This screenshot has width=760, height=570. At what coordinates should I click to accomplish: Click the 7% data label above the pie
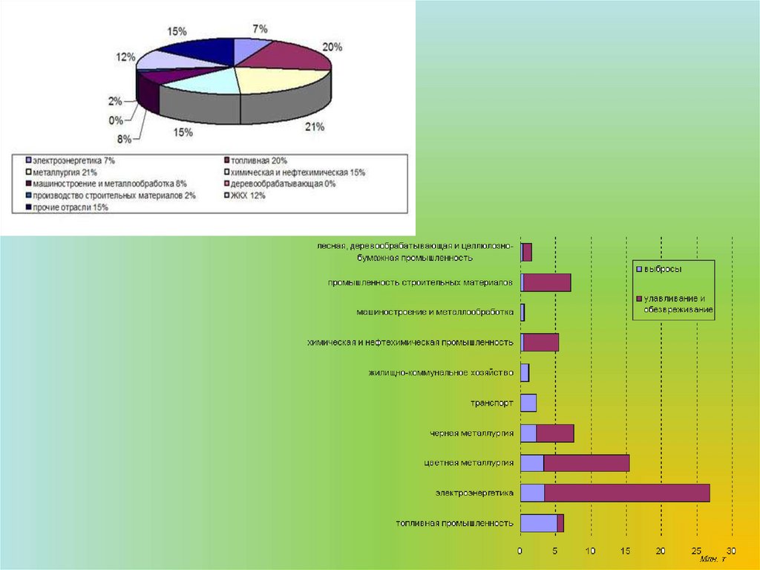[x=260, y=28]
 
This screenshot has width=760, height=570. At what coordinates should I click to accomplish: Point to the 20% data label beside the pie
[x=332, y=47]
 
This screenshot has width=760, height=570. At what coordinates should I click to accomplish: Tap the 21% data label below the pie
[x=315, y=127]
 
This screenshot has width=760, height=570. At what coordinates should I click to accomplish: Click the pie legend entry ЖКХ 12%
[x=247, y=195]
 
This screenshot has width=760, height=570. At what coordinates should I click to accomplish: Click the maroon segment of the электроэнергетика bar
[x=626, y=493]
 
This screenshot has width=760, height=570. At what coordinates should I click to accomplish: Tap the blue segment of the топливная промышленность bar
[x=538, y=523]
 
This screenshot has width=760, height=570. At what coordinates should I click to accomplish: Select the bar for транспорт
[x=528, y=403]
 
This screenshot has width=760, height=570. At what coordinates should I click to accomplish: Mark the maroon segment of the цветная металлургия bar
[x=586, y=463]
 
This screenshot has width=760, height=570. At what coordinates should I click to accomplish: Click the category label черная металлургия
[x=471, y=433]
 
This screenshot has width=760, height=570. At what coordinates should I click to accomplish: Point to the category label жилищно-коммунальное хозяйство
[x=441, y=372]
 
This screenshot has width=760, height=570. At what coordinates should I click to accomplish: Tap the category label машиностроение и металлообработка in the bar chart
[x=435, y=312]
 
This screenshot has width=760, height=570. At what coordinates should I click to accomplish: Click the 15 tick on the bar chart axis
[x=626, y=551]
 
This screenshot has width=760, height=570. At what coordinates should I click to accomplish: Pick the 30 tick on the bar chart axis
[x=731, y=551]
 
